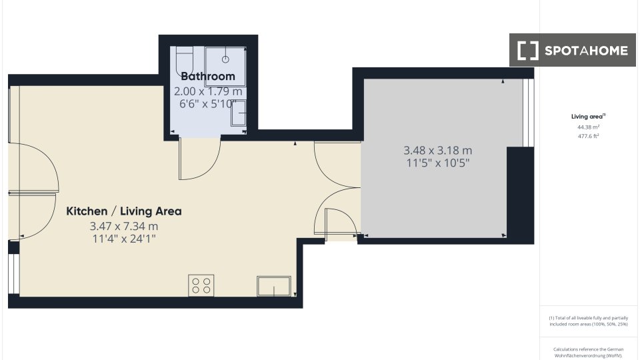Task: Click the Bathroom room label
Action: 208,76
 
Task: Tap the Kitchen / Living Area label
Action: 124,211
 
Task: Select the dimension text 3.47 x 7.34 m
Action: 124,226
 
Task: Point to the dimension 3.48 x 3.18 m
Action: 437,151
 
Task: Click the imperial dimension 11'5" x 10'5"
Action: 437,163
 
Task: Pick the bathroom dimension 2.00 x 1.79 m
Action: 208,91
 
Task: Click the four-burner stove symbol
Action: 201,285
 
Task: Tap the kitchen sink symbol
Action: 274,286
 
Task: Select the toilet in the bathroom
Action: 184,61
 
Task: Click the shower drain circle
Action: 225,59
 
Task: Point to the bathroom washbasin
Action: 239,113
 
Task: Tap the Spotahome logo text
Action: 586,51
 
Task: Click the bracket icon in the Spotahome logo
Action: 528,51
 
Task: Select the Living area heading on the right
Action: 588,117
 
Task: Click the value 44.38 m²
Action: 588,127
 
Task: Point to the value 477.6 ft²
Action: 588,136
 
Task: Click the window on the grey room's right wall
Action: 528,113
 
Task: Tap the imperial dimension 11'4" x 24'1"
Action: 124,239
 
